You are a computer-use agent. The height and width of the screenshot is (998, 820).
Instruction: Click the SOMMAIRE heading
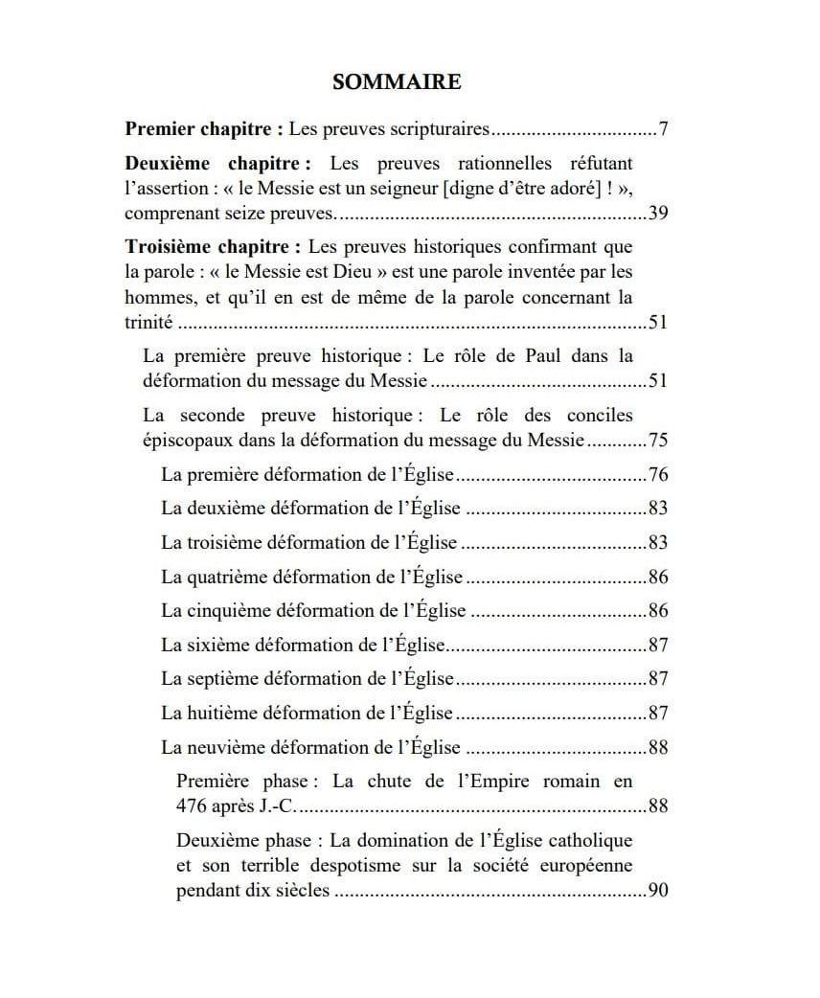[396, 82]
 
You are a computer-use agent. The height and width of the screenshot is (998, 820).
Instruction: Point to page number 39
[657, 213]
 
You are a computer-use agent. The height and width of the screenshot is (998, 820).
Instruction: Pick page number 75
[657, 441]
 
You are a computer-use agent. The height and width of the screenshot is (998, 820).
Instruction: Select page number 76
[657, 475]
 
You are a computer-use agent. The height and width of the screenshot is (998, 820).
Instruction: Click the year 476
[194, 805]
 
